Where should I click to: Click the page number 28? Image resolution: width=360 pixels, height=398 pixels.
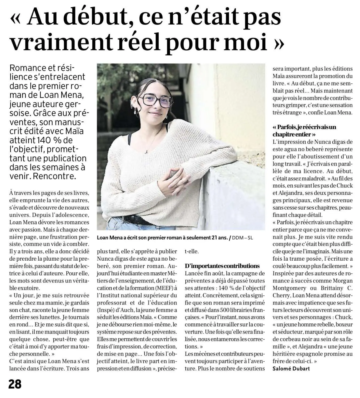point(15,384)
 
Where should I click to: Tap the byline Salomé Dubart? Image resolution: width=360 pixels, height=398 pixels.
point(291,369)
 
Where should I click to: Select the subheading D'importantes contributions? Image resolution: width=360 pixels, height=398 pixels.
point(222,266)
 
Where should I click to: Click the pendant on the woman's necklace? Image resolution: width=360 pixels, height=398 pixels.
point(146,152)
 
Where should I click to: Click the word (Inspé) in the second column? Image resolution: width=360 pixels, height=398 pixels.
point(105,310)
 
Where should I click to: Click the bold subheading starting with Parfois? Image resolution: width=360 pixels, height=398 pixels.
point(304,130)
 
